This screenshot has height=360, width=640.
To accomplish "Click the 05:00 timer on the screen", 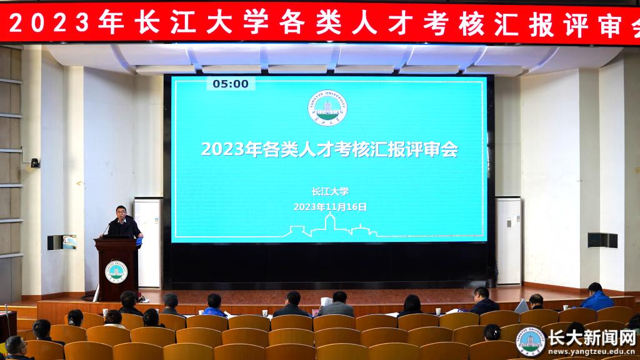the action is [x=231, y=84].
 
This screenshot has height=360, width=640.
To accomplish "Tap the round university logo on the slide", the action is [x=327, y=108].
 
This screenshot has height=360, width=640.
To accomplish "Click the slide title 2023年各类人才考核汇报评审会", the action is [x=329, y=149].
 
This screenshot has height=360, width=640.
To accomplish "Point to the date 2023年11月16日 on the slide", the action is [x=330, y=207].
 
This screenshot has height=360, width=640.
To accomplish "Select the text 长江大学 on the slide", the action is [x=330, y=191].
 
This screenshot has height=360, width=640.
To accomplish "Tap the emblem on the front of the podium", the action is [x=116, y=272].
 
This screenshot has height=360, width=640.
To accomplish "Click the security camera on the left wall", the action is [x=35, y=163].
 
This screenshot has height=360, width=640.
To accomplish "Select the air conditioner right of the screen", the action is [x=508, y=241].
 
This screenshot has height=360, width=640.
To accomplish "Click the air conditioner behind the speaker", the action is [x=149, y=243].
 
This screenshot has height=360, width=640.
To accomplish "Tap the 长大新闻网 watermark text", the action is [x=591, y=337].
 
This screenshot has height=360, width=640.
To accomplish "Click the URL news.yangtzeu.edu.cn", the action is [x=591, y=351].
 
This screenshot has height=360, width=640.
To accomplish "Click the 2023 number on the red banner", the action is [x=49, y=22].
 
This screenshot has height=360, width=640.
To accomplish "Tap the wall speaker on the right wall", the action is [x=602, y=240].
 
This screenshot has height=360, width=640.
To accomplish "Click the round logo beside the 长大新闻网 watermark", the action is [x=530, y=342].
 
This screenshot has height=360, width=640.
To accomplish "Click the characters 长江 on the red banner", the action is [x=164, y=22].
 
